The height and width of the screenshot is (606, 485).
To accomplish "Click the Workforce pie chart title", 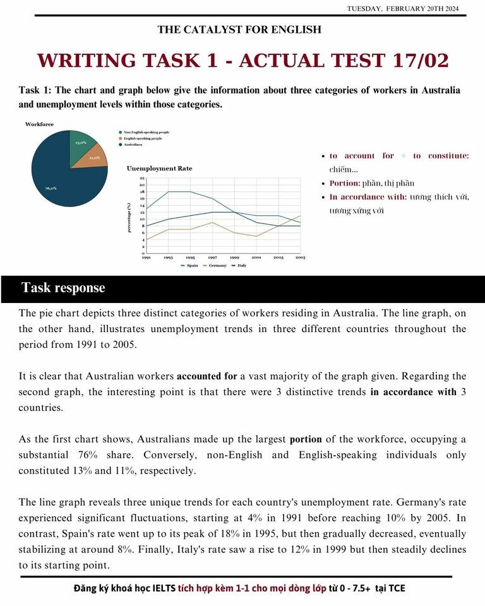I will tap(39, 124).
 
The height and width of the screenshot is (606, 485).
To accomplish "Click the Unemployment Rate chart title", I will tap(159, 169).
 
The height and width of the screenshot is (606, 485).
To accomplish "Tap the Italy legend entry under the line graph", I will tap(241, 266).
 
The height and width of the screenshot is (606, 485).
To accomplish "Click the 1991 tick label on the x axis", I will tap(146, 258).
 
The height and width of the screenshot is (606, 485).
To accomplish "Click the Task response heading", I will tap(63, 288).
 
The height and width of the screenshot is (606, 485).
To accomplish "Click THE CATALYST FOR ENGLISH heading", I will tap(239, 30).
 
